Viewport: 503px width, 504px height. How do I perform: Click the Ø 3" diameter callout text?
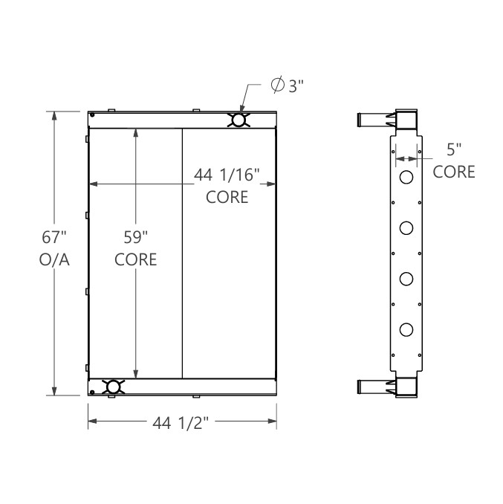point(288,86)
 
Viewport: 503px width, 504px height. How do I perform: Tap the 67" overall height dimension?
point(54,239)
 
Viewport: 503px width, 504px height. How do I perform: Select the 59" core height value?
point(136,239)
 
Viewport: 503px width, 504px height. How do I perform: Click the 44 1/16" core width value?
point(227,175)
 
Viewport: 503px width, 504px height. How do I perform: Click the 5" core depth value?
point(454,149)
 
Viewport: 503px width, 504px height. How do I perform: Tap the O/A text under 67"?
point(54,259)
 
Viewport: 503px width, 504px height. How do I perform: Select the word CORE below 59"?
point(136,259)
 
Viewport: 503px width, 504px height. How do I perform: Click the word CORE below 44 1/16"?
point(227,197)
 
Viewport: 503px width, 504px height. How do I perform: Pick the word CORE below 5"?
point(454,172)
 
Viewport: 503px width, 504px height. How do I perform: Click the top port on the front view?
point(238,120)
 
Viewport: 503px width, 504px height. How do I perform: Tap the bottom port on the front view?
point(113,387)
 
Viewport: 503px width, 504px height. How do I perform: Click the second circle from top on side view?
point(406,228)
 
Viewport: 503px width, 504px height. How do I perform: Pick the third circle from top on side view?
point(406,279)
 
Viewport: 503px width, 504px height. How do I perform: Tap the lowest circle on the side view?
point(406,329)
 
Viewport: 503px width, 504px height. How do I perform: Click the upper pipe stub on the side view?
point(370,119)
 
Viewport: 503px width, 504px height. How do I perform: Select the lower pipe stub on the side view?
point(370,387)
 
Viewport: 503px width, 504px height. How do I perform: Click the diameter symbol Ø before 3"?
point(277,86)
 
